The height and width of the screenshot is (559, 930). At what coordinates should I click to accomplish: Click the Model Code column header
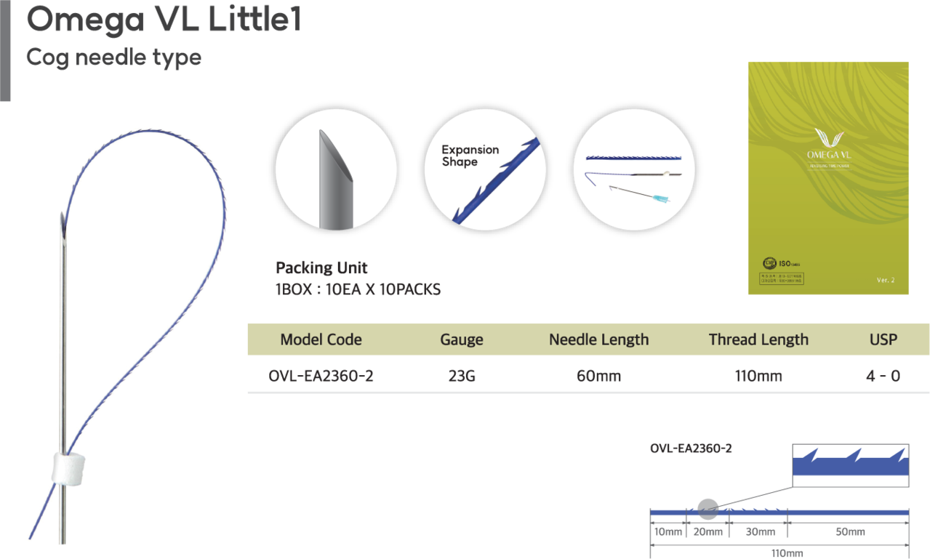click(321, 339)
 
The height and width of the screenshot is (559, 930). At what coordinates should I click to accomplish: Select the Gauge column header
click(462, 339)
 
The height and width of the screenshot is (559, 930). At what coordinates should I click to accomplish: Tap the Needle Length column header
click(598, 339)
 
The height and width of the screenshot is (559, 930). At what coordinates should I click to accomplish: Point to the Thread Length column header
click(758, 339)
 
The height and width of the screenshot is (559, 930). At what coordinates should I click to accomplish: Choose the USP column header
click(883, 339)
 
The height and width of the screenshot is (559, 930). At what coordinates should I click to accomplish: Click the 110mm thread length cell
click(758, 376)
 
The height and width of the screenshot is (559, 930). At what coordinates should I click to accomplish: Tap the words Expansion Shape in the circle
click(470, 156)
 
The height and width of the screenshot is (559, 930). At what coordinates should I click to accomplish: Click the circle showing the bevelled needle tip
click(336, 169)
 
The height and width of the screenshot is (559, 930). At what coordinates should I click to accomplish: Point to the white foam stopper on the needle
click(69, 466)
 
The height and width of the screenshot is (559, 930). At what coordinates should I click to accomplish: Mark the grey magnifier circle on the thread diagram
click(707, 509)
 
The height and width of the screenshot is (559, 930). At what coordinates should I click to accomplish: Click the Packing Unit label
click(322, 268)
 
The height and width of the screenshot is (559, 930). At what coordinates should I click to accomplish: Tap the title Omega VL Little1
click(164, 20)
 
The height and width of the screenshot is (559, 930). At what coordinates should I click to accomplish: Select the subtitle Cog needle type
click(113, 57)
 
